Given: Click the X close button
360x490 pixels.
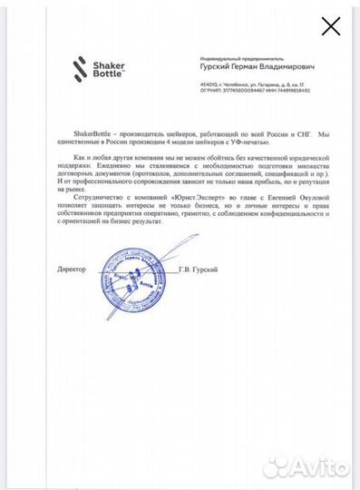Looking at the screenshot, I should click(333, 25).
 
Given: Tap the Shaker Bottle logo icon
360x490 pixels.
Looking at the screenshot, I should click(78, 65).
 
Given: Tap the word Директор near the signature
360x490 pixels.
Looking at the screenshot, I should click(70, 269).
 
